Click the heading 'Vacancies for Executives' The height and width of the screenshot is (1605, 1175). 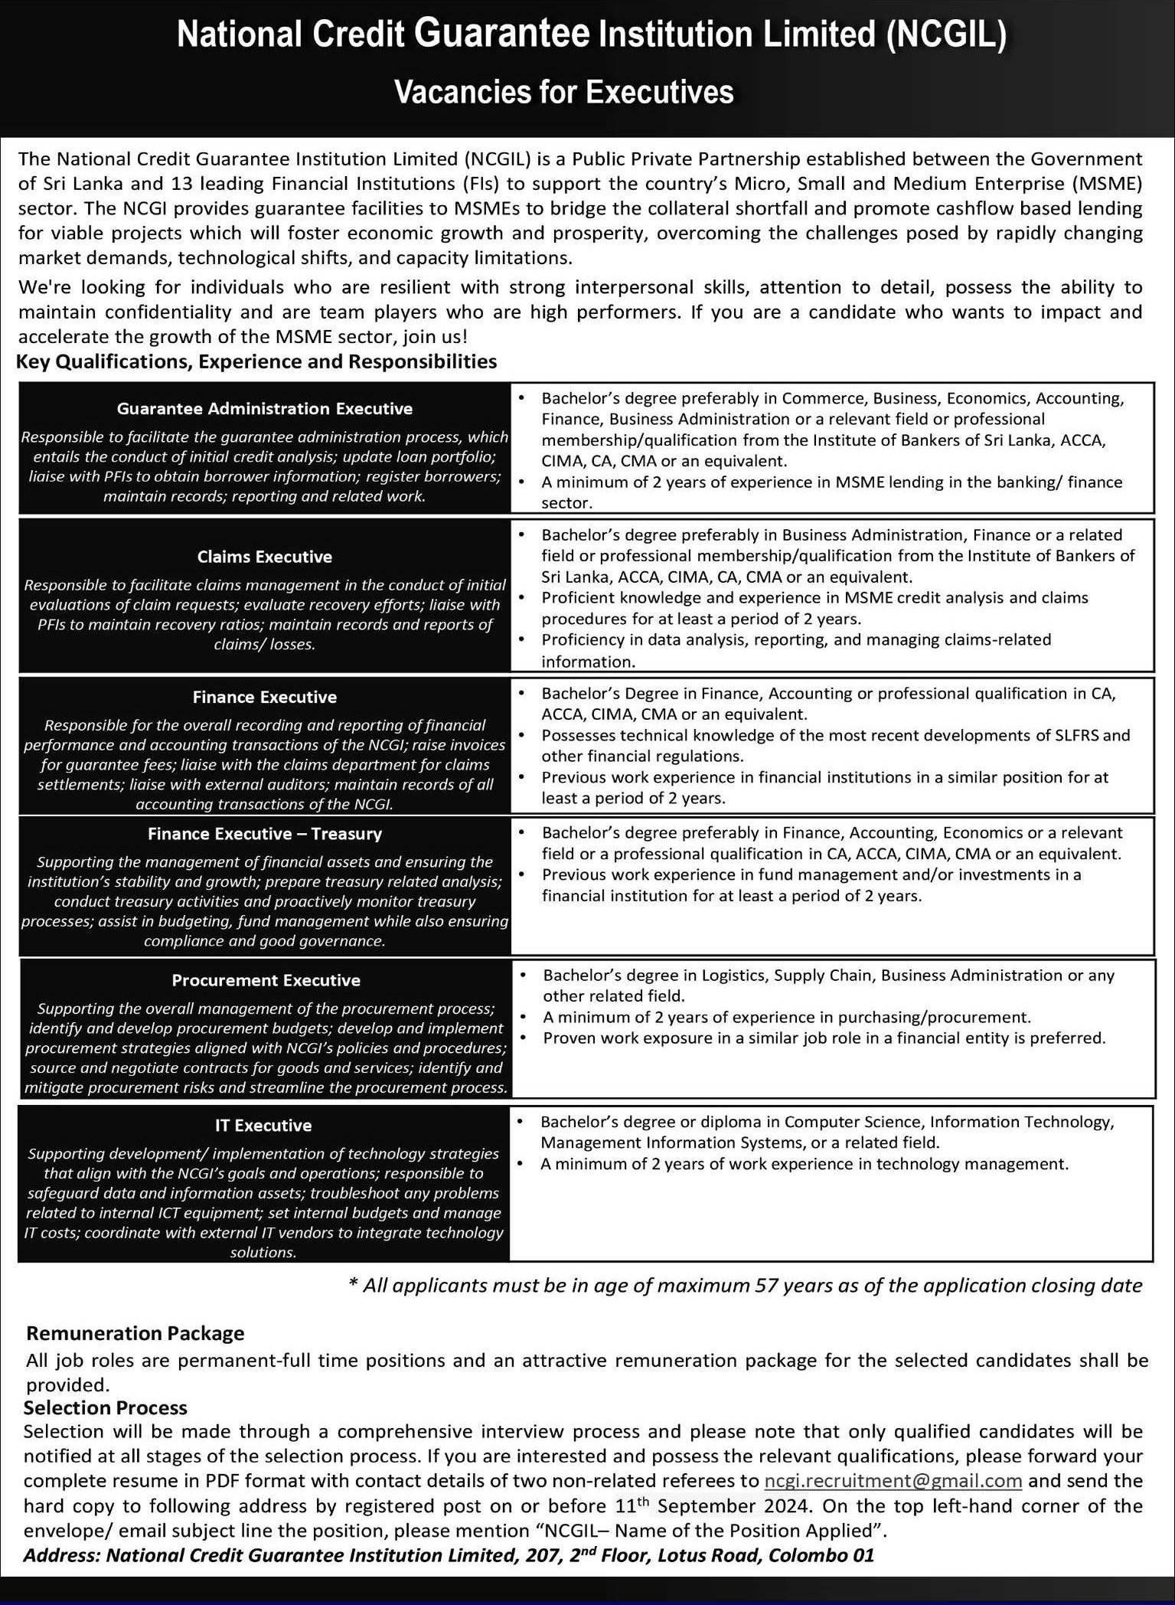pos(563,93)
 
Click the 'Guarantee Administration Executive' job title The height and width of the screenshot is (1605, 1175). pos(264,409)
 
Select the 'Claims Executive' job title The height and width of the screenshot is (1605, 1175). pos(264,557)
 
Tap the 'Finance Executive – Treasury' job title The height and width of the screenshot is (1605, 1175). pos(264,834)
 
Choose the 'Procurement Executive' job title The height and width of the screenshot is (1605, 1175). pos(266,980)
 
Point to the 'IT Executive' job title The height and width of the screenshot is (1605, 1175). pos(263,1126)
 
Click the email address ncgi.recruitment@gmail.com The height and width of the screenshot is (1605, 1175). pos(893,1481)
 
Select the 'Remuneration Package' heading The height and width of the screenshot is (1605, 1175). pos(135,1333)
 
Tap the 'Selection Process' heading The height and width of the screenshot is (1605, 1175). pos(106,1407)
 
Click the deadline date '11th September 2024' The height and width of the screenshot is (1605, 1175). pos(712,1506)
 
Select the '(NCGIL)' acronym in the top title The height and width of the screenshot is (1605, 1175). pos(946,35)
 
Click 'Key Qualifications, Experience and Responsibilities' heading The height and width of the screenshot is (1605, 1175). pos(256,361)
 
